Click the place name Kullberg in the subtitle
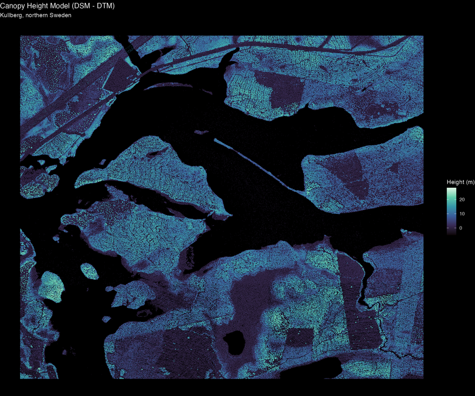pos(11,15)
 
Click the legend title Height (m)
pos(460,182)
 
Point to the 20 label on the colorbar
pos(461,200)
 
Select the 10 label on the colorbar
pos(461,214)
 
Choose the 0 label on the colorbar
pos(460,228)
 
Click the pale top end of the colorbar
pos(451,191)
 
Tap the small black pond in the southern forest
pos(234,342)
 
